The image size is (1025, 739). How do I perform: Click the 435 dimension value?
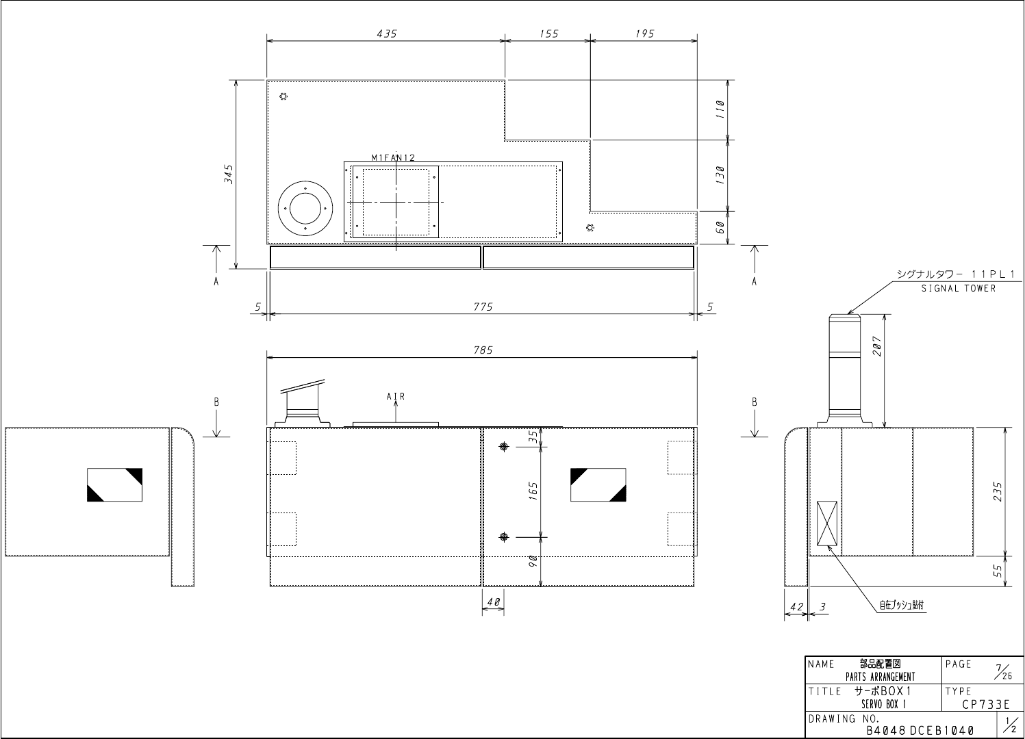click(x=387, y=34)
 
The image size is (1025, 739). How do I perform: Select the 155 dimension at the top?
click(x=548, y=34)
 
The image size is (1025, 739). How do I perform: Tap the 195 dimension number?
click(x=645, y=34)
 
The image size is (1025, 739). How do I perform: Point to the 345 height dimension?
click(x=228, y=174)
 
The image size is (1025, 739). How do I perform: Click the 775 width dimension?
click(x=483, y=307)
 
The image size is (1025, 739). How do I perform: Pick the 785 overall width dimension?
click(x=483, y=350)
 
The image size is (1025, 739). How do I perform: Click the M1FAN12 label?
click(x=393, y=158)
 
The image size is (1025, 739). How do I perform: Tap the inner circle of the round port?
click(x=305, y=209)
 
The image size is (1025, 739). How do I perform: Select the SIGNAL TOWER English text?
click(x=958, y=289)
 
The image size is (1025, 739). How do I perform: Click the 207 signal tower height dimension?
click(x=876, y=346)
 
